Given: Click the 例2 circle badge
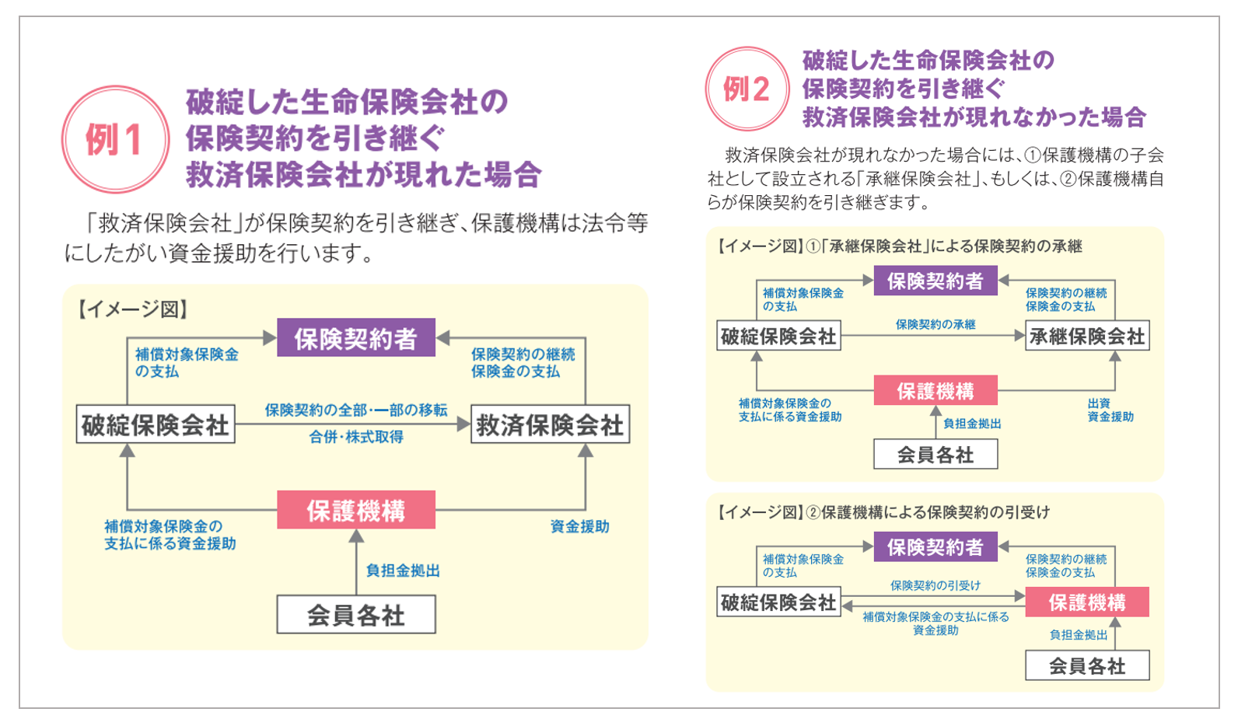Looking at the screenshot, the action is pyautogui.click(x=747, y=89).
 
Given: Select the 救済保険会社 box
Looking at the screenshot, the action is pyautogui.click(x=551, y=424).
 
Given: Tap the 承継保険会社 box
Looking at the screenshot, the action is pyautogui.click(x=1087, y=336).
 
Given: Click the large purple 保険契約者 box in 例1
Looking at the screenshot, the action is pyautogui.click(x=356, y=337).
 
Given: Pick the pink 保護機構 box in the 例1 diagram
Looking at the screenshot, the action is pyautogui.click(x=356, y=510).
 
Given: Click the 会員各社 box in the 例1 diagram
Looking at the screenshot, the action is pyautogui.click(x=356, y=615).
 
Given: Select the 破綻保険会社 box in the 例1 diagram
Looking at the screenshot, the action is pyautogui.click(x=156, y=424).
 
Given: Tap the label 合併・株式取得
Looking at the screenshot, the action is pyautogui.click(x=356, y=437).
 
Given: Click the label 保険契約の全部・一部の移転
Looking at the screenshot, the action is pyautogui.click(x=356, y=410).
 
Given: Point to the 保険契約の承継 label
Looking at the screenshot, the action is pyautogui.click(x=935, y=324).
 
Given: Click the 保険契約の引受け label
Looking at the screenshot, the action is pyautogui.click(x=935, y=585).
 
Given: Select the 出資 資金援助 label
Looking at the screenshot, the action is pyautogui.click(x=1110, y=410).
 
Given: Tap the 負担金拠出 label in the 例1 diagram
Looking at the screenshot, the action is pyautogui.click(x=403, y=571).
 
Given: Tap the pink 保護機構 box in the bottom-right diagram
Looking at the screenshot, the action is pyautogui.click(x=1087, y=602).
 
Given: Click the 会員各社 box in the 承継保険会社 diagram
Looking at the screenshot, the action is pyautogui.click(x=936, y=455).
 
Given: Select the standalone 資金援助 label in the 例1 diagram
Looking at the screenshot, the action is pyautogui.click(x=579, y=526).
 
